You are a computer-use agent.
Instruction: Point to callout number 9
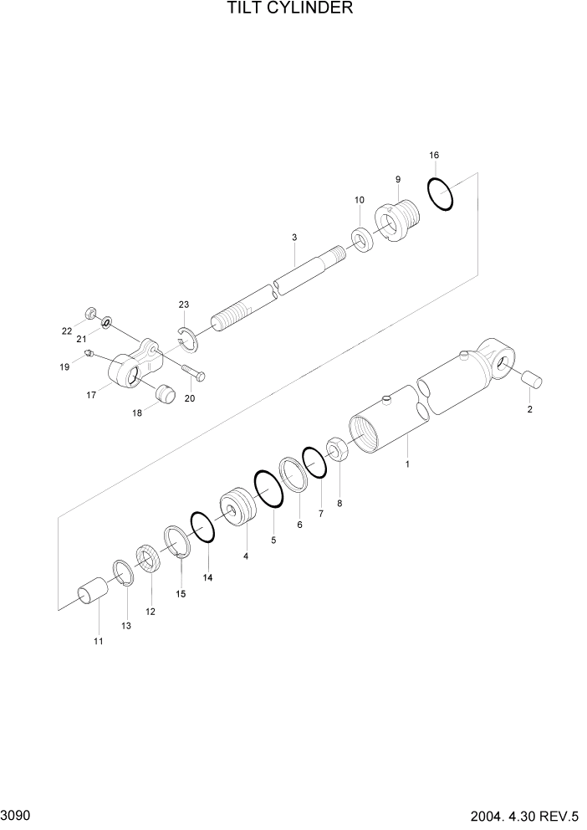[x=398, y=179]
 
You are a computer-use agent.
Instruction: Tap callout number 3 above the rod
[x=294, y=238]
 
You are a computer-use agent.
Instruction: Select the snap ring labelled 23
[x=189, y=336]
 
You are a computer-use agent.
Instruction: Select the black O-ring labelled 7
[x=314, y=462]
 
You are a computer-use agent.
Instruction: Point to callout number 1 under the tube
[x=407, y=463]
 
